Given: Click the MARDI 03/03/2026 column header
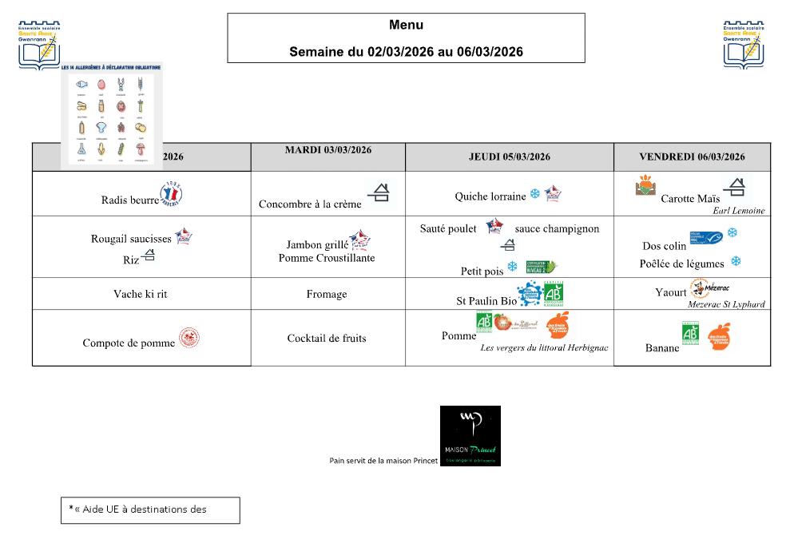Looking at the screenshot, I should click(x=328, y=150).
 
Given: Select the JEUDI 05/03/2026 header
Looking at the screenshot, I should click(x=509, y=157).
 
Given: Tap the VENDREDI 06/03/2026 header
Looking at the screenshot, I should click(x=692, y=157).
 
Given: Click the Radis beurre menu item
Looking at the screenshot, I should click(x=130, y=200).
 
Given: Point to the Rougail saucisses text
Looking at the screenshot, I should click(x=131, y=239).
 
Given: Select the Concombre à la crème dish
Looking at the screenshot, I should click(x=310, y=204).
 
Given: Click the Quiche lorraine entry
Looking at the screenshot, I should click(x=490, y=196).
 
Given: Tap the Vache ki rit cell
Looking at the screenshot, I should click(x=141, y=295).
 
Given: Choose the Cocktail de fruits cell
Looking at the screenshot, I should click(x=327, y=339).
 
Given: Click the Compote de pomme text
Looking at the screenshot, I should click(x=129, y=343).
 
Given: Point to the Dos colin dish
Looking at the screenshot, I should click(x=664, y=246).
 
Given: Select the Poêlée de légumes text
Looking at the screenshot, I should click(x=681, y=264).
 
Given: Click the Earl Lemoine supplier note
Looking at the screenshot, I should click(x=739, y=211).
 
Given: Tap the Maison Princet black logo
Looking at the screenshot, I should click(x=470, y=435).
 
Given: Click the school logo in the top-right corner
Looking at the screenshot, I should click(x=744, y=45).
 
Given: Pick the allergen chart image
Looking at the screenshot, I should click(x=112, y=116).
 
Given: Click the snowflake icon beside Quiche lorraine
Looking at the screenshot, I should click(x=534, y=194).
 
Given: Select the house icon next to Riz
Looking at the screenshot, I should click(x=149, y=256).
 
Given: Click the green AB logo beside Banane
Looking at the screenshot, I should click(x=690, y=332).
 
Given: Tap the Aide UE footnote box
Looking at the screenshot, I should click(x=150, y=510).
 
